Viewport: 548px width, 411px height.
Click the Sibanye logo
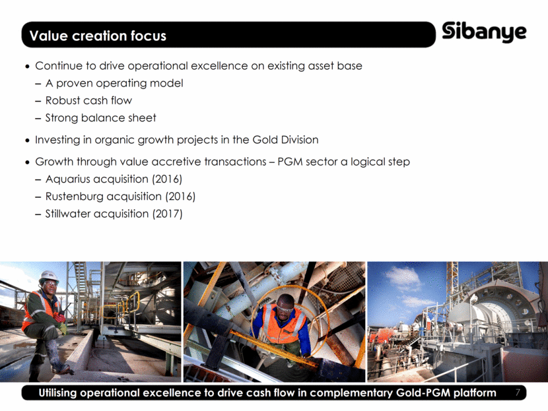tap(484, 32)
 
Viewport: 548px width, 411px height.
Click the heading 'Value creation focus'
tap(98, 36)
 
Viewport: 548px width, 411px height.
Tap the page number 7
tap(518, 393)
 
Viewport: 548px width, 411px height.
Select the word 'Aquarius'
tap(67, 179)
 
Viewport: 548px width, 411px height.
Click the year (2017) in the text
tap(167, 213)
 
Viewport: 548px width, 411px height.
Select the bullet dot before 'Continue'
tap(28, 67)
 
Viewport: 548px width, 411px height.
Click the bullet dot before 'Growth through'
tap(28, 162)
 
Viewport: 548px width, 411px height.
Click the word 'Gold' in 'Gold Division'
tap(265, 140)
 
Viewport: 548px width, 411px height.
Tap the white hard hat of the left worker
tap(49, 276)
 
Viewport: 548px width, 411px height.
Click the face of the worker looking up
tap(286, 308)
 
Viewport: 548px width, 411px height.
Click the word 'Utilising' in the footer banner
tap(57, 393)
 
